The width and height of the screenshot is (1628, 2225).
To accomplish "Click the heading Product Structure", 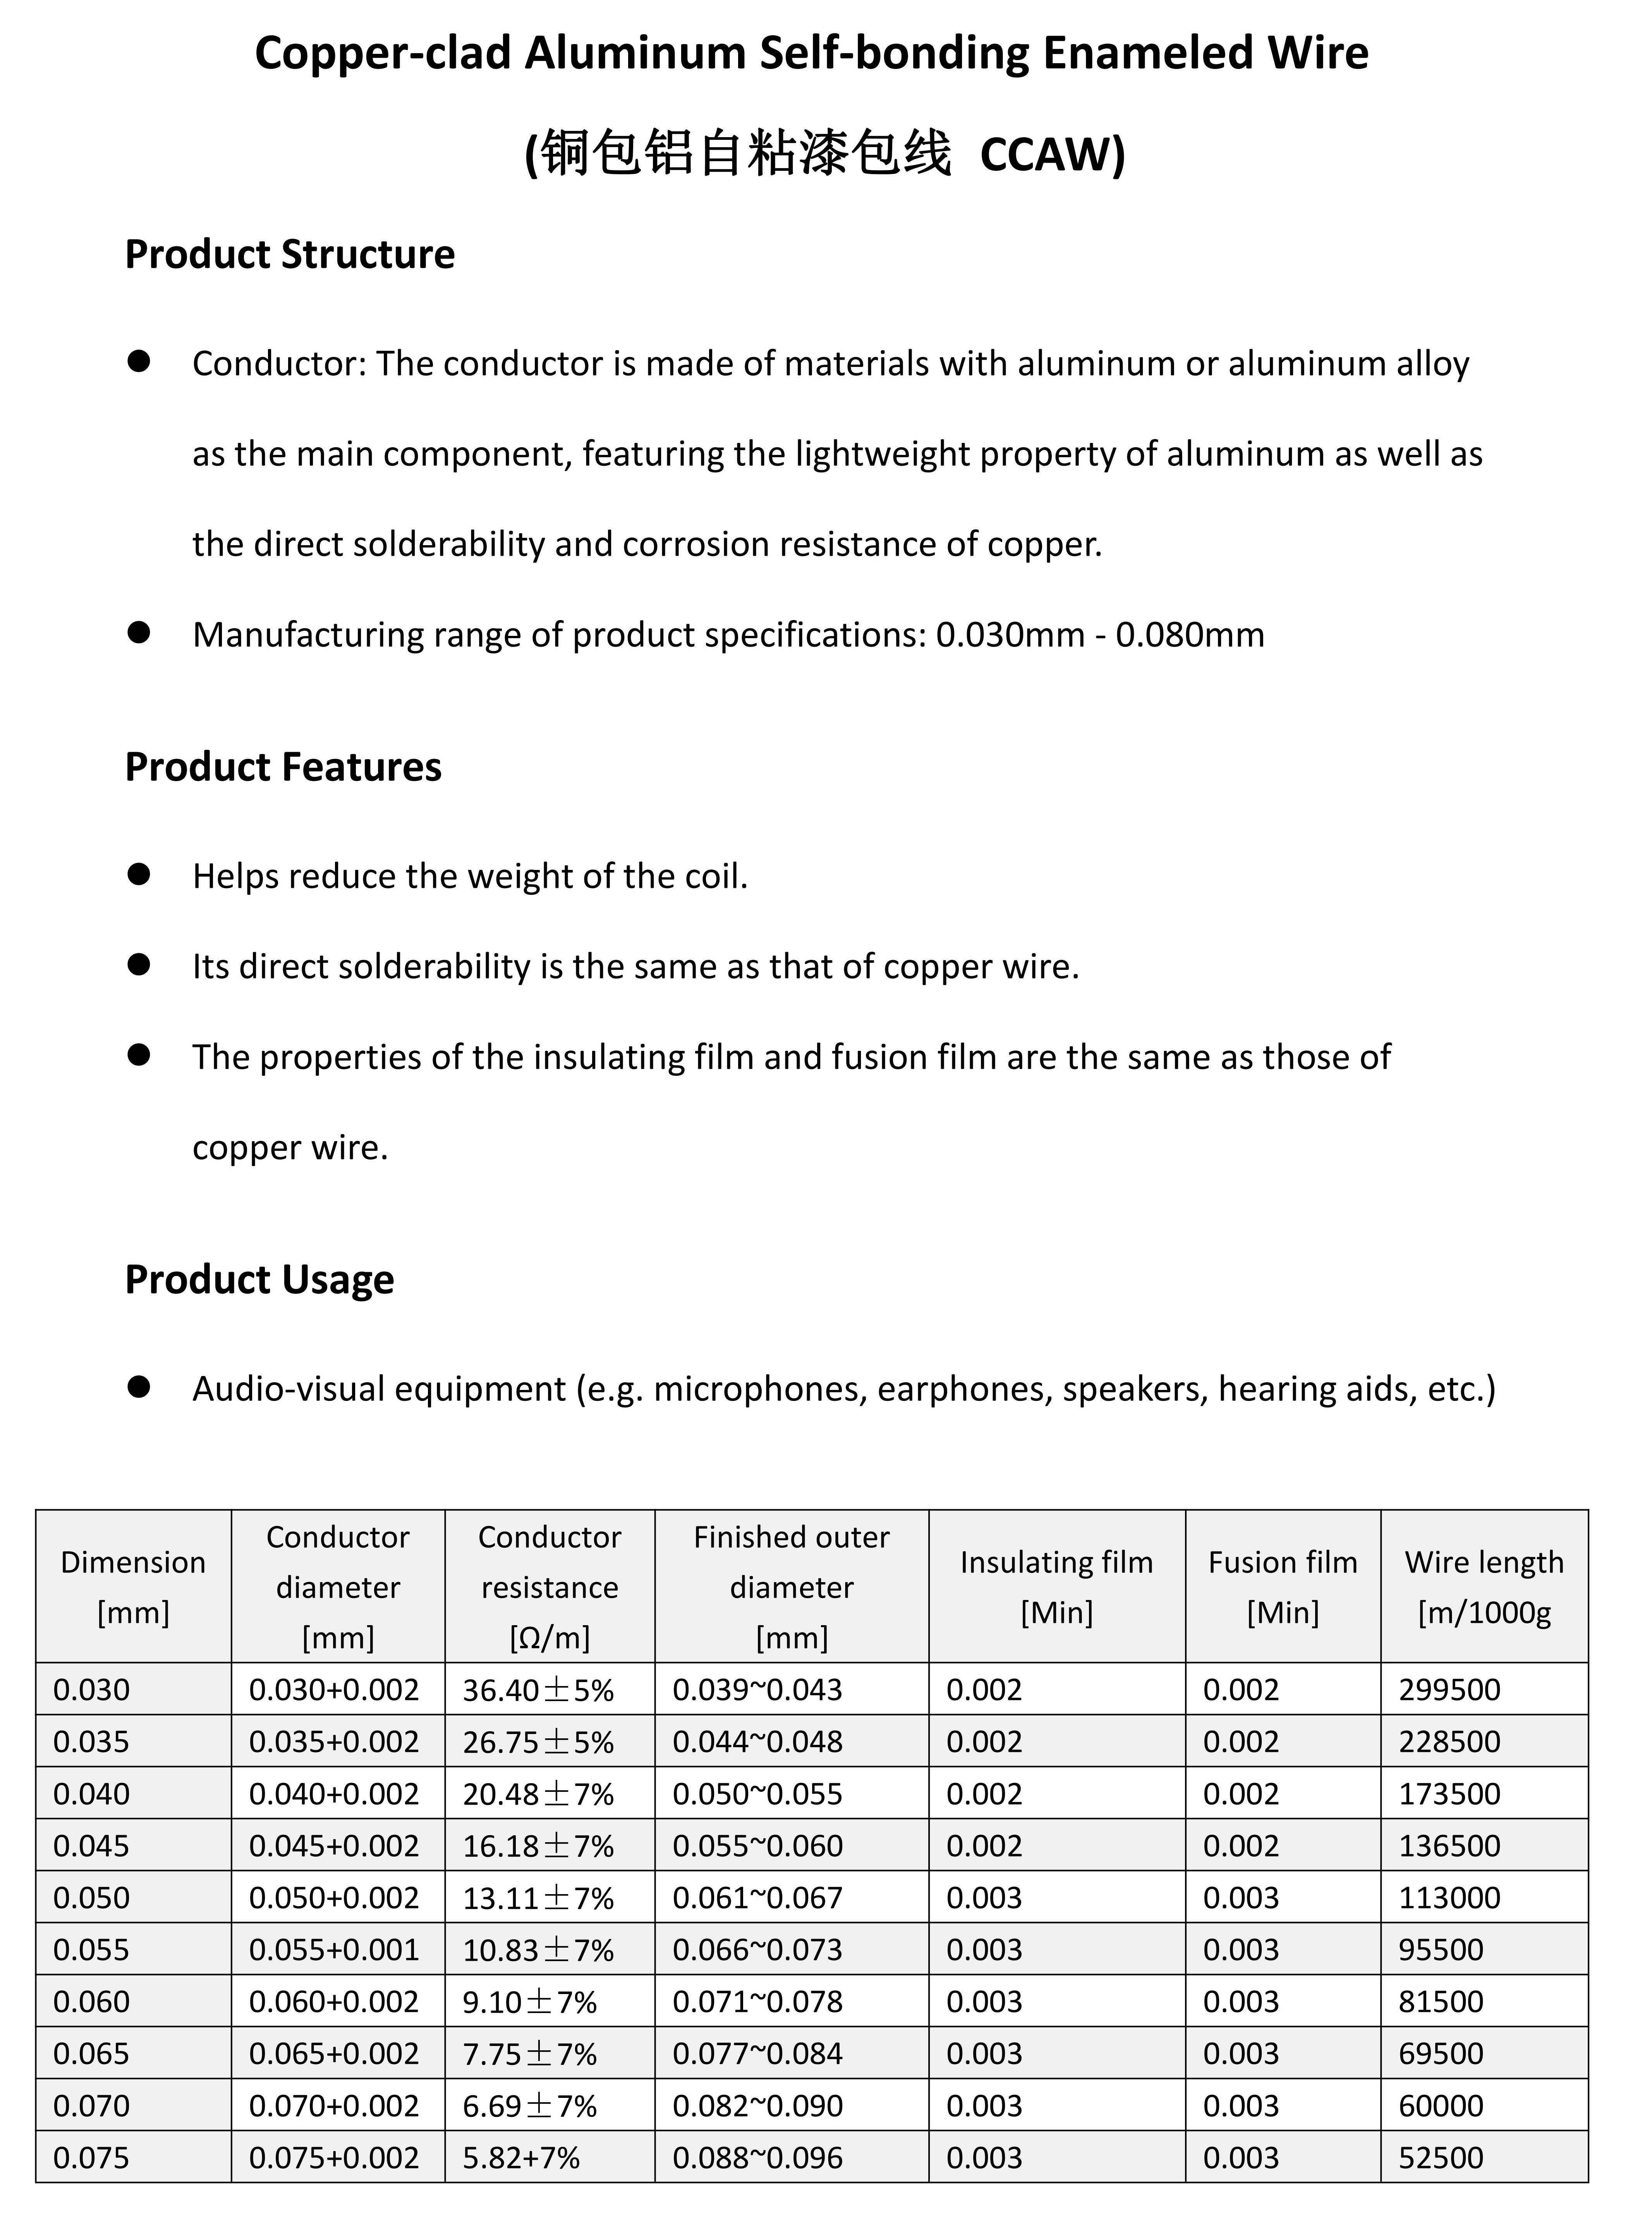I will (290, 254).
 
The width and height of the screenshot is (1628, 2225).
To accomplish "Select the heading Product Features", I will (283, 767).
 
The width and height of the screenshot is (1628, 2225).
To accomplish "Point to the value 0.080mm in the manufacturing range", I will (1190, 635).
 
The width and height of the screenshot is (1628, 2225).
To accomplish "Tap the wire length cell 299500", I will (1449, 1690).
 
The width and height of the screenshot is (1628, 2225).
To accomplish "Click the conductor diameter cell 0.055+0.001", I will (334, 1950).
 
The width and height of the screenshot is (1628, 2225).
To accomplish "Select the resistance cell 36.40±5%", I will (538, 1690).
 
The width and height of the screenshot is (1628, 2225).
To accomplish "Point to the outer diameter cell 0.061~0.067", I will (757, 1898).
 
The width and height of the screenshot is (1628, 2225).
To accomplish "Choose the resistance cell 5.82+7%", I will (521, 2158).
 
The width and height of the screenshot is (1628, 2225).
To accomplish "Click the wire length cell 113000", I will (1449, 1898).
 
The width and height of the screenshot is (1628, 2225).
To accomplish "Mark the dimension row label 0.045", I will (92, 1846).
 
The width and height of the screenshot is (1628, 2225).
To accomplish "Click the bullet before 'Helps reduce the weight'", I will (139, 875).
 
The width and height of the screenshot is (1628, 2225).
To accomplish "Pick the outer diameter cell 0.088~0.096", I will (757, 2158).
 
